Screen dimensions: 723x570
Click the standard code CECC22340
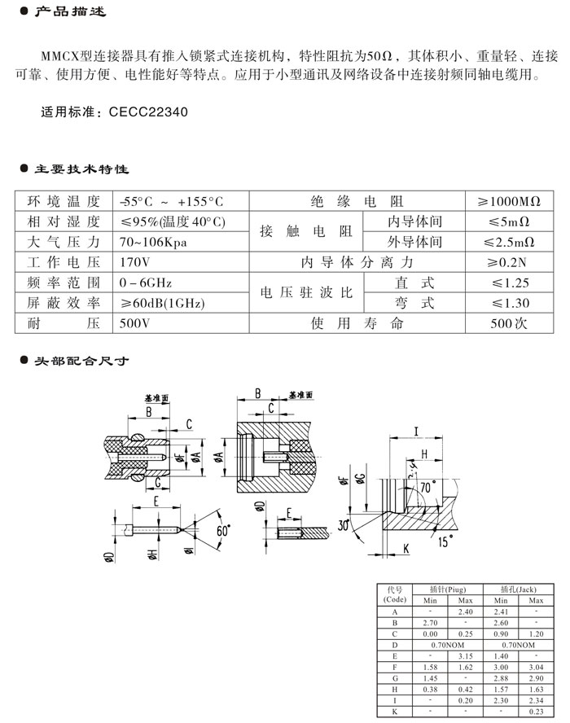[x=149, y=113]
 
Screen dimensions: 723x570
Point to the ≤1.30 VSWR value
[x=511, y=303]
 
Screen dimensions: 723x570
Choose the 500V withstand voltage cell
[x=134, y=323]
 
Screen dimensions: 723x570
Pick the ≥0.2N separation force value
[x=511, y=262]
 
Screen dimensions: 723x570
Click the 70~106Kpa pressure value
[x=156, y=242]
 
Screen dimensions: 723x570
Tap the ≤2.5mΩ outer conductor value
[x=511, y=242]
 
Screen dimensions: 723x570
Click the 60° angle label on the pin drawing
[x=222, y=530]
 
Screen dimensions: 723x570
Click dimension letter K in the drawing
[x=405, y=550]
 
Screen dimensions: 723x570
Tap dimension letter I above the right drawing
[x=415, y=431]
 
